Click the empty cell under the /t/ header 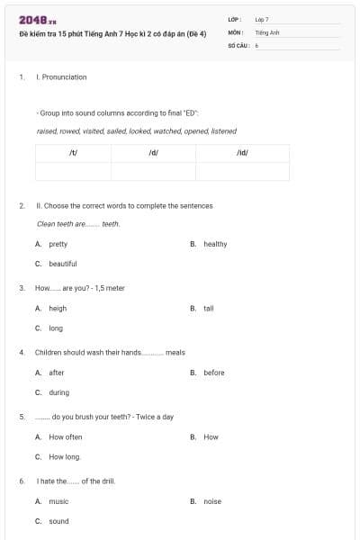pyautogui.click(x=73, y=171)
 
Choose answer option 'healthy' pyautogui.click(x=215, y=244)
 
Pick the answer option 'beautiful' pyautogui.click(x=63, y=264)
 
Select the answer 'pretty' pyautogui.click(x=58, y=244)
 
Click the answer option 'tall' pyautogui.click(x=209, y=308)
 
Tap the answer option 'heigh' pyautogui.click(x=58, y=308)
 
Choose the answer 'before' pyautogui.click(x=214, y=373)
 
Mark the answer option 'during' pyautogui.click(x=59, y=392)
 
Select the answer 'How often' pyautogui.click(x=66, y=436)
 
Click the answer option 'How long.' pyautogui.click(x=65, y=456)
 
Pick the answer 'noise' pyautogui.click(x=212, y=501)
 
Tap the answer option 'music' pyautogui.click(x=58, y=501)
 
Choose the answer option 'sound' pyautogui.click(x=58, y=521)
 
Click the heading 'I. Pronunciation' pyautogui.click(x=61, y=77)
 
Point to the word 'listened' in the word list pyautogui.click(x=223, y=131)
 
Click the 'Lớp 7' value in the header pyautogui.click(x=262, y=19)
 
